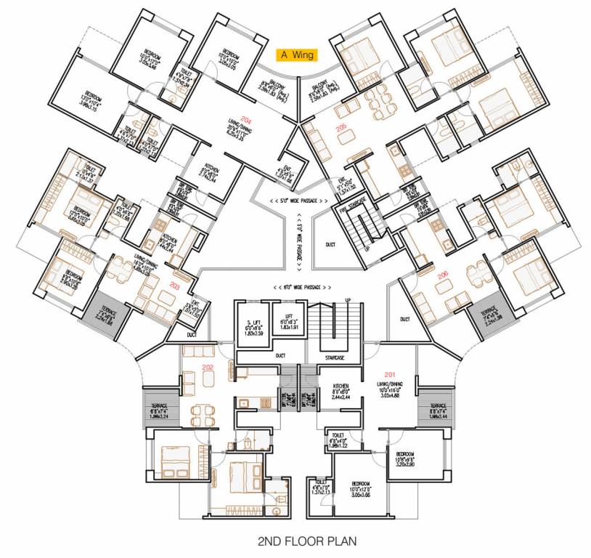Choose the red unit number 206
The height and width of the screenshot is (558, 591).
tap(443, 275)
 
